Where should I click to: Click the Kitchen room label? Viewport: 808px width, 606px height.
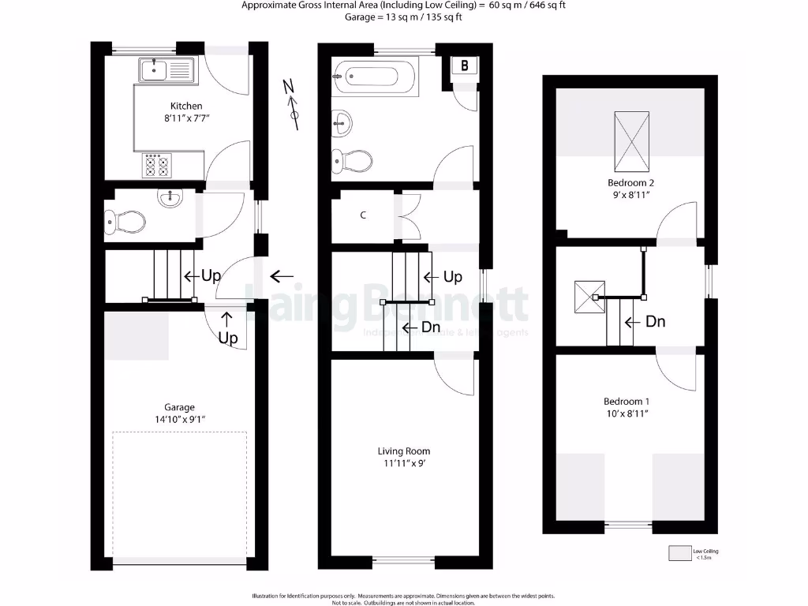pos(186,106)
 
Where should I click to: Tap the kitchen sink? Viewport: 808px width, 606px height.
pos(166,70)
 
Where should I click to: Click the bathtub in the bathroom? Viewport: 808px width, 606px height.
pos(375,77)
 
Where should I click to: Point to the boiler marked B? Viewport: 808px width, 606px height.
pos(464,66)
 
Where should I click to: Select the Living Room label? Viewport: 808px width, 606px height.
pos(403,451)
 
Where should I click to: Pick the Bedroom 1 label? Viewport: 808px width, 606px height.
pos(627,401)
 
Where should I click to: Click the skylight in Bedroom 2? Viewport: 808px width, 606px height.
pos(633,141)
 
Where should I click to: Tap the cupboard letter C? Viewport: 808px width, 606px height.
pos(363,215)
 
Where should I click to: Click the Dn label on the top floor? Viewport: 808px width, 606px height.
pos(655,322)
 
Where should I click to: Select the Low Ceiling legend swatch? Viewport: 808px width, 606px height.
pos(679,554)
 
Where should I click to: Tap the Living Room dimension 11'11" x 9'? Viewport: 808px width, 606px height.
pos(403,464)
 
